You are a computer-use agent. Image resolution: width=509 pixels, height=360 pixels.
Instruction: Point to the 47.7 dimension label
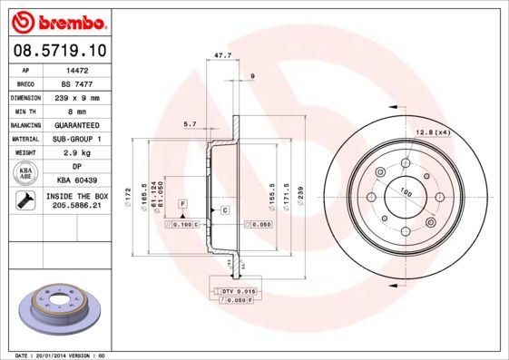[x=221, y=55]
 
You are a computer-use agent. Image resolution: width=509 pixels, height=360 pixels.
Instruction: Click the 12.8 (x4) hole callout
[x=432, y=132]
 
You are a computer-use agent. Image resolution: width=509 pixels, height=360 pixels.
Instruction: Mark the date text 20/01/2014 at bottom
[x=54, y=355]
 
